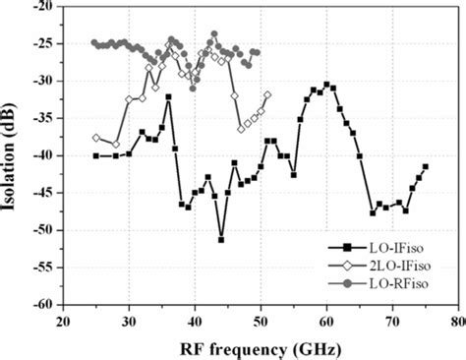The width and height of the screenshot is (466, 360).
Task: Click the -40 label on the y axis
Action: coord(44,155)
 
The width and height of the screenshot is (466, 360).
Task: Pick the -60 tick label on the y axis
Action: coord(44,305)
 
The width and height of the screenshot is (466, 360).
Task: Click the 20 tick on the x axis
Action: coord(63,321)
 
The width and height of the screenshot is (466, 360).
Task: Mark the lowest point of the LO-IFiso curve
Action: coord(221,239)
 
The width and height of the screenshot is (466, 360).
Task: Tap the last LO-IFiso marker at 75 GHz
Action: coord(425,167)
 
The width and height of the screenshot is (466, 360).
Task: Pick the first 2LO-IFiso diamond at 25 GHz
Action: coord(95,137)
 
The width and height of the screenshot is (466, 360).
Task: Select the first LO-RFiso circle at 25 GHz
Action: coord(94,42)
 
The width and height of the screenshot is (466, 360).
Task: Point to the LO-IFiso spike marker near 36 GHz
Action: coord(168,96)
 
